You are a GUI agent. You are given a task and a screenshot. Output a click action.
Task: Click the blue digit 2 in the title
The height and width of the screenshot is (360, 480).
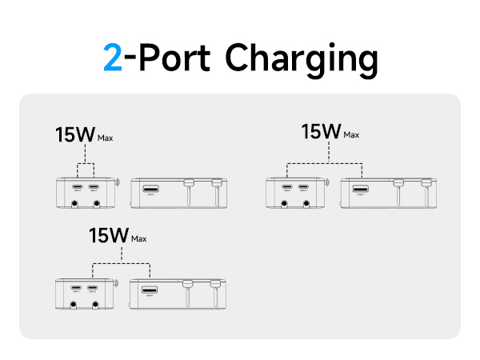[113, 58]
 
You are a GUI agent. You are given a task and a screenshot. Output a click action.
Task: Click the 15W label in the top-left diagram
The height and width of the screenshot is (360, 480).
[74, 134]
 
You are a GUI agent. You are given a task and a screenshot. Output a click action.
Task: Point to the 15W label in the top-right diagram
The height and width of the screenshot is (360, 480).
[320, 131]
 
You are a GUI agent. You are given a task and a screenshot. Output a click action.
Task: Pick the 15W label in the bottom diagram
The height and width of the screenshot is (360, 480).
[108, 235]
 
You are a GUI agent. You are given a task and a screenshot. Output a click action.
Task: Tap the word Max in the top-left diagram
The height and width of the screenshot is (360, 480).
[105, 138]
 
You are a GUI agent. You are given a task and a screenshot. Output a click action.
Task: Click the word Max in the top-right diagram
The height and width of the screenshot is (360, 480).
[350, 135]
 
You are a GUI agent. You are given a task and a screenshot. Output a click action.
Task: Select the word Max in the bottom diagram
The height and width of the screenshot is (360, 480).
[139, 238]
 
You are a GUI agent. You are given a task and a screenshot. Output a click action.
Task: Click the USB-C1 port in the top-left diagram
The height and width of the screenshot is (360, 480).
[78, 188]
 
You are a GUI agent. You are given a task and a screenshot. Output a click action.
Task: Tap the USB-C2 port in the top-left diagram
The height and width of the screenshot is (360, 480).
[94, 188]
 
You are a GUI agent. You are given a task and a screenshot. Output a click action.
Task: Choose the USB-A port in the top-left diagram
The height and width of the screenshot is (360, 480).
[150, 190]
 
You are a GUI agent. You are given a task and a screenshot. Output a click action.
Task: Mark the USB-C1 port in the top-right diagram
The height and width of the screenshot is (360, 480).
[287, 189]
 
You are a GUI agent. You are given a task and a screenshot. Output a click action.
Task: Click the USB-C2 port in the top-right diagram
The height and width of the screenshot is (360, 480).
[303, 189]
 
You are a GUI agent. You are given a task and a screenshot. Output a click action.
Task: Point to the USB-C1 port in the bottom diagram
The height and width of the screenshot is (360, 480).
[76, 288]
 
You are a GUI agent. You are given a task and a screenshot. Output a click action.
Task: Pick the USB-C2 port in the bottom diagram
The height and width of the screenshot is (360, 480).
[92, 288]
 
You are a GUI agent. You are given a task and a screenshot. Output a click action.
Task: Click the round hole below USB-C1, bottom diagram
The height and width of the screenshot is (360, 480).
[75, 304]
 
